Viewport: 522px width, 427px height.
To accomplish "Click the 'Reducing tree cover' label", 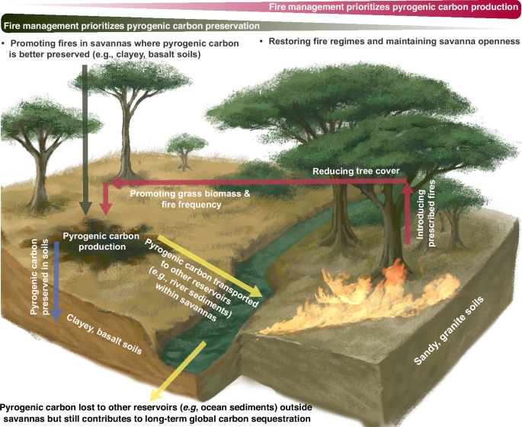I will pyautogui.click(x=357, y=171).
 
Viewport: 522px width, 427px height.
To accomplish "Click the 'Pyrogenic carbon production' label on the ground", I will pyautogui.click(x=95, y=241).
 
